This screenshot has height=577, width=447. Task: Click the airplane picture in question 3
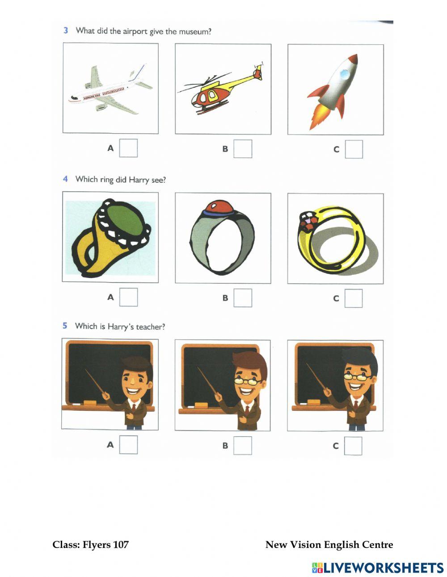(110, 89)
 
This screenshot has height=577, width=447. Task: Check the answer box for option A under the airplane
(128, 148)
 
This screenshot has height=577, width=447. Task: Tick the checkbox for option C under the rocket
(354, 149)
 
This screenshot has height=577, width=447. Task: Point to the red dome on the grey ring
(219, 207)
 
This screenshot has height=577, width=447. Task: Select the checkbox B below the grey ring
(243, 298)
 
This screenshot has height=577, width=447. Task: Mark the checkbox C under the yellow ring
(353, 299)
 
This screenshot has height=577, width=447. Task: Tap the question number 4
(65, 179)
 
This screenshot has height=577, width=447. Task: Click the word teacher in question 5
(150, 327)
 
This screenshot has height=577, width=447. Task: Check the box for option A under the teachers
(128, 445)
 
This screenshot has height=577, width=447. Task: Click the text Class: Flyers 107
(90, 544)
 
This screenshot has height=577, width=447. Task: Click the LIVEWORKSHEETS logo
(378, 568)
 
